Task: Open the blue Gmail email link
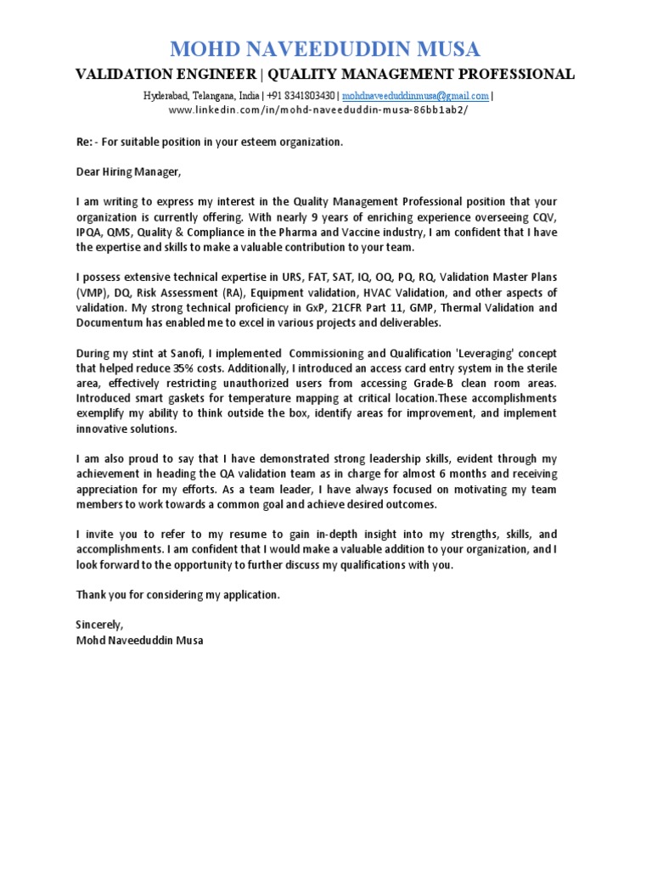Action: pos(415,96)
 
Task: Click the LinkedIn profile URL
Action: pos(318,110)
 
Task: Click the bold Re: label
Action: pos(85,142)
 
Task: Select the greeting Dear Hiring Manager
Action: pos(128,172)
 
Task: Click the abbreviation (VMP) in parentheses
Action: pos(92,293)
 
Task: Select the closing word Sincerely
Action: pos(99,625)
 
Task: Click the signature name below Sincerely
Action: pos(139,640)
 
